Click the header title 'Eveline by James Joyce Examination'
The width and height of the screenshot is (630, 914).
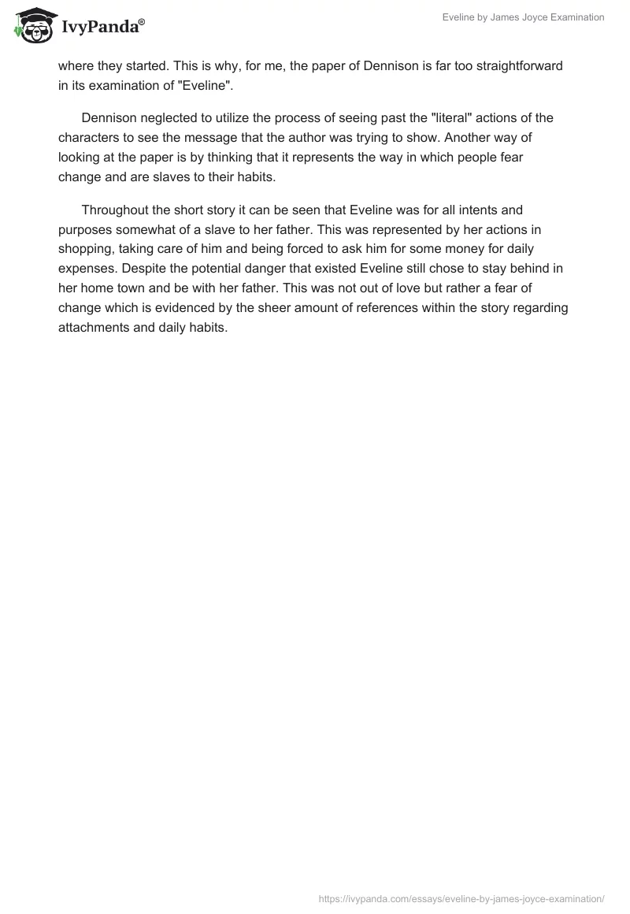[x=522, y=17]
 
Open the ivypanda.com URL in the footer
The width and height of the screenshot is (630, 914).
[x=461, y=898]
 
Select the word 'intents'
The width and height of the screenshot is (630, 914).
[x=475, y=210]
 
